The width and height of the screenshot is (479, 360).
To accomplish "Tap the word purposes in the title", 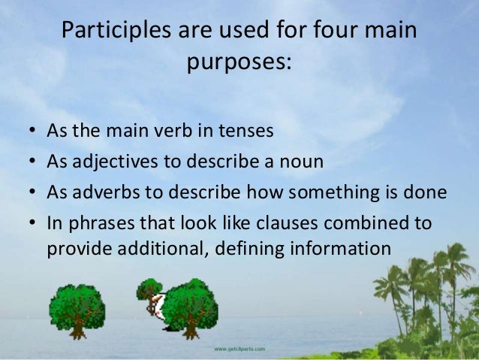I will [238, 62].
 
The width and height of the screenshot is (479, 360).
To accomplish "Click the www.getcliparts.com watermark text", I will [239, 349].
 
